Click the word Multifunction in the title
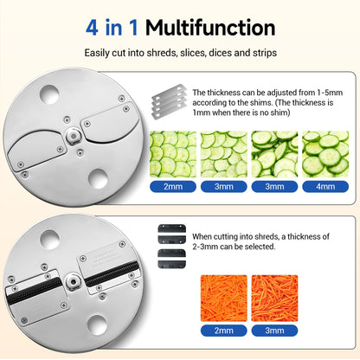[210, 28]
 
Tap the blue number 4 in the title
[92, 28]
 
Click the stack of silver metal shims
[169, 102]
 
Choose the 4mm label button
[325, 187]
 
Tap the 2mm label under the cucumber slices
[173, 187]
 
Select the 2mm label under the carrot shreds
[224, 331]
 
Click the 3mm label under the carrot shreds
[274, 331]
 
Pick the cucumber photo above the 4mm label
[325, 154]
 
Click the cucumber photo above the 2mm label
[173, 154]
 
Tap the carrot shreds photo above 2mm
[224, 299]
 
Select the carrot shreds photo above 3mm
[274, 299]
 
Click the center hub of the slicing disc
[74, 136]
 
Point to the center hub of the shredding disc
[73, 281]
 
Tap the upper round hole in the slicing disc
[49, 94]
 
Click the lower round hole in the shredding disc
[97, 325]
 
